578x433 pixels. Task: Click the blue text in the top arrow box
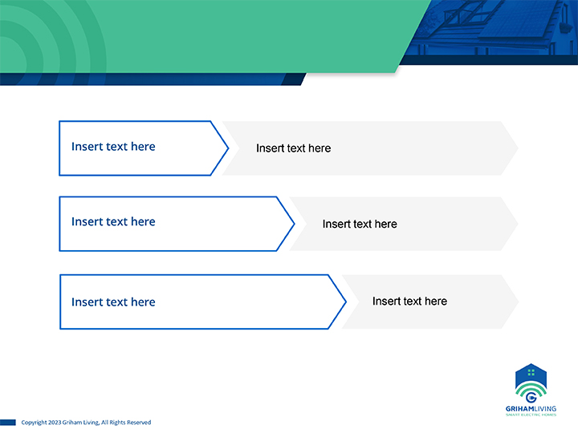[x=113, y=147]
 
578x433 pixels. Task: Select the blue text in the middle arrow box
[x=113, y=221]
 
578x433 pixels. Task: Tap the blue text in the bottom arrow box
[x=113, y=302]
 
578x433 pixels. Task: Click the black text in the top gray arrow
[x=294, y=148]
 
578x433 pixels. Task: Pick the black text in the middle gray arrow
[x=360, y=224]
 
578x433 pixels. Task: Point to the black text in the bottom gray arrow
[x=409, y=301]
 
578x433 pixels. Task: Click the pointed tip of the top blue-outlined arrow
[x=229, y=148]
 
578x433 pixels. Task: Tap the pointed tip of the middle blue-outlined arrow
[x=295, y=224]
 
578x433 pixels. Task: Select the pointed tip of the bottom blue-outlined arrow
[x=346, y=302]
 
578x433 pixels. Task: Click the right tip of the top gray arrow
[x=519, y=148]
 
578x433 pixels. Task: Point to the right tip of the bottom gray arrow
[x=519, y=301]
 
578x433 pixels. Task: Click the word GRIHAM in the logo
[x=519, y=409]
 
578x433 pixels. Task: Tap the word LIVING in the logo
[x=545, y=409]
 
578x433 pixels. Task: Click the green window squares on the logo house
[x=531, y=373]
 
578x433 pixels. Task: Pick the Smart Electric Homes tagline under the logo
[x=531, y=415]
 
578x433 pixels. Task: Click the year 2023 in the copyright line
[x=55, y=423]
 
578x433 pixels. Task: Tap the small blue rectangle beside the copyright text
[x=8, y=423]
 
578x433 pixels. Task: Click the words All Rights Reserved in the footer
[x=126, y=423]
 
